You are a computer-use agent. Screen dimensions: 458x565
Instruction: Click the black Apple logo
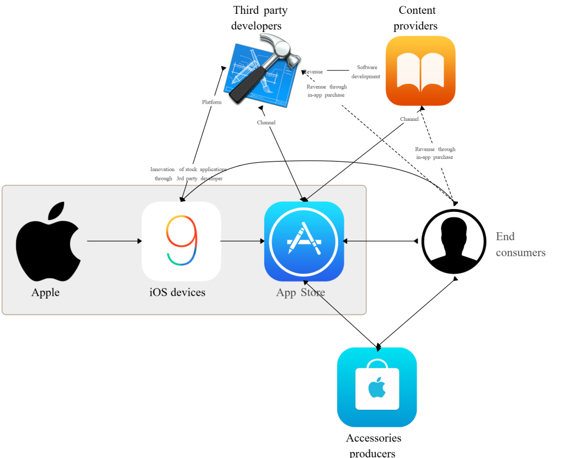coord(47,243)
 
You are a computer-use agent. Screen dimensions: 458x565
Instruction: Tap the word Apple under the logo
coord(45,292)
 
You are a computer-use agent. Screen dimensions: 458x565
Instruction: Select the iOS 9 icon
coord(181,241)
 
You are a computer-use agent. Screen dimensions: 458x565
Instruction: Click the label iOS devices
coord(177,292)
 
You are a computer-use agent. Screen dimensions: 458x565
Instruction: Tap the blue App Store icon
coord(304,241)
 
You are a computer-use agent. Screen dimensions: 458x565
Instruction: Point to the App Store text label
coord(300,292)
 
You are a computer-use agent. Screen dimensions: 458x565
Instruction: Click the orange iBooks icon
coord(420,71)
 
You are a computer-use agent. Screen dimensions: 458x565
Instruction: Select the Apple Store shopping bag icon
coord(377,387)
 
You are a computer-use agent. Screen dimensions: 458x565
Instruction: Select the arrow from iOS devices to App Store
coord(242,241)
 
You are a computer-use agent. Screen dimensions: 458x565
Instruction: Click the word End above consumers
coord(505,237)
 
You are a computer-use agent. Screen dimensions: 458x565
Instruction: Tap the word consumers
coord(520,253)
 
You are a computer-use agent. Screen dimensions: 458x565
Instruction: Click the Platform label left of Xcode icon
coord(211,102)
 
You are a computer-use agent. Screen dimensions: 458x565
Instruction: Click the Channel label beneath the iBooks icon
coord(409,119)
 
